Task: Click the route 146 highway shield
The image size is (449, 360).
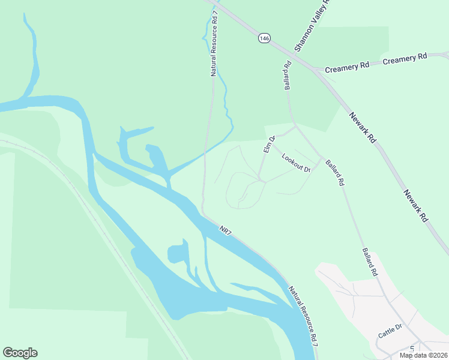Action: coord(264,38)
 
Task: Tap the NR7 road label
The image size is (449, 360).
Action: coord(225,230)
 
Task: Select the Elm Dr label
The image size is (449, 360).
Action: coord(268,145)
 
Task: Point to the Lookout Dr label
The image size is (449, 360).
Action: coord(295,163)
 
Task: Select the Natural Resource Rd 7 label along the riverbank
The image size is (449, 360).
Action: coord(303,314)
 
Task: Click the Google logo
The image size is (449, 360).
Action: coord(20,353)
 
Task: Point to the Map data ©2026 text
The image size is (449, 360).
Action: coord(423,355)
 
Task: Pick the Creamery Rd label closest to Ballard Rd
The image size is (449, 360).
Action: coord(347,68)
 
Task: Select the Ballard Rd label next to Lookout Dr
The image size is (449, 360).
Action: coord(335,172)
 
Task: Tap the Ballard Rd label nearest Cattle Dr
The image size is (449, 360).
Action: coord(369,262)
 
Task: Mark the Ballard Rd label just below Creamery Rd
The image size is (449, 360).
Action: coord(288,75)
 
